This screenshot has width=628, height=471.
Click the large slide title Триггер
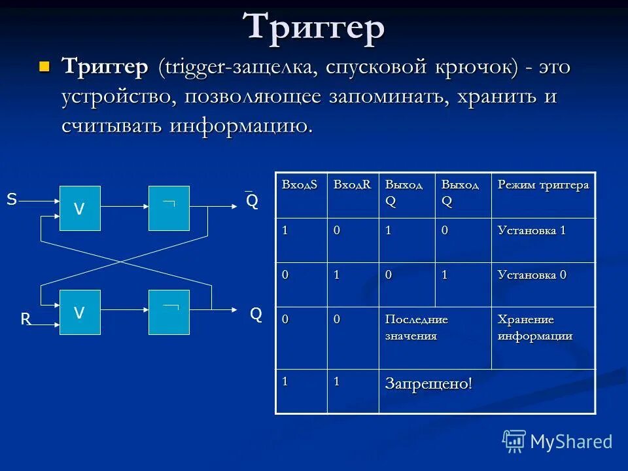tap(314, 27)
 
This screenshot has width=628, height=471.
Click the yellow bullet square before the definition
tap(44, 66)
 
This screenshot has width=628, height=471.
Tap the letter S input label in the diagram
tap(12, 200)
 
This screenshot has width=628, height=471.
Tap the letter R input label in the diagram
tap(26, 319)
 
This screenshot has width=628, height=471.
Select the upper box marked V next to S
tap(80, 208)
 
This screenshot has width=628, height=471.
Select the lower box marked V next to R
tap(80, 313)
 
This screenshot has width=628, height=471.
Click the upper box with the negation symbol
tap(169, 208)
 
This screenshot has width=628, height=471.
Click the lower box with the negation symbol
tap(169, 313)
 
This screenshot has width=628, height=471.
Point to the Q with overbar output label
tap(252, 201)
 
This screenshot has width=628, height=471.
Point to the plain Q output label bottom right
tap(256, 315)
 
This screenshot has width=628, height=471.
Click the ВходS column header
tap(300, 185)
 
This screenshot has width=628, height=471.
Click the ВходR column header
tap(352, 185)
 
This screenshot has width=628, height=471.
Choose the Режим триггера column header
tap(543, 185)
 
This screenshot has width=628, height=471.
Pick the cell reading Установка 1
tap(531, 231)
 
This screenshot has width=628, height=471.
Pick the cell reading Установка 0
tap(532, 275)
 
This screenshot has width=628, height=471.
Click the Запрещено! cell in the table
tap(428, 383)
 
